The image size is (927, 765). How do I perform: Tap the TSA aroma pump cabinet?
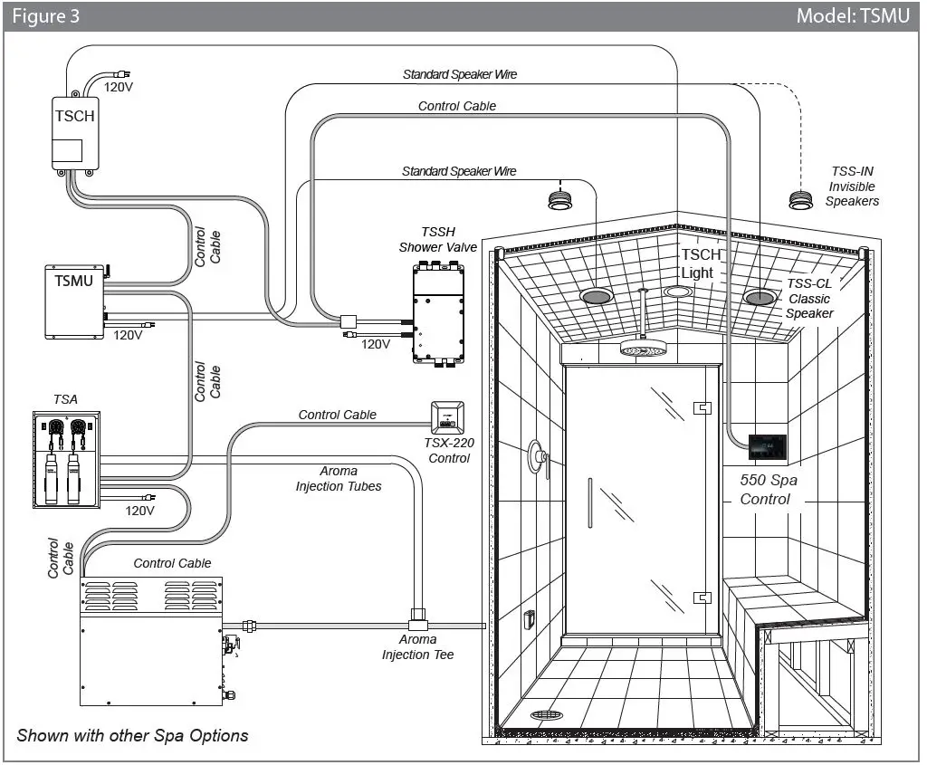coord(66,459)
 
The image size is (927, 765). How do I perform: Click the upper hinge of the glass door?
coord(699,408)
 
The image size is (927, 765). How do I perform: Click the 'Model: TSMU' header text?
coord(854,15)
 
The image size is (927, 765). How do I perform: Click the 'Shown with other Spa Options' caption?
coord(132,735)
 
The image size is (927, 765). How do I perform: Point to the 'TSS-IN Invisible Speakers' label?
coord(852,186)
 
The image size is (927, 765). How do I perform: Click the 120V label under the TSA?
coord(140,511)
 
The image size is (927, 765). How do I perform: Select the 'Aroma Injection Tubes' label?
coord(339,479)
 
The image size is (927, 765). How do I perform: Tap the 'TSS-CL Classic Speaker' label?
coord(808,298)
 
